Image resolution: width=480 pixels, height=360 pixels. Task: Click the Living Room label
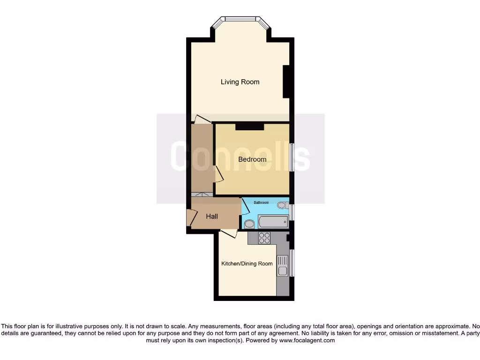[240, 82]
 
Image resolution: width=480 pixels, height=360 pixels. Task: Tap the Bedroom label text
[252, 159]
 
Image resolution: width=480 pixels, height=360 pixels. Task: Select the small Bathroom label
[261, 202]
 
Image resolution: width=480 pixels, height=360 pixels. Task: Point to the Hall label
[212, 217]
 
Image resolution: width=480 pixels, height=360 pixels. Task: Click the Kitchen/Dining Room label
[247, 263]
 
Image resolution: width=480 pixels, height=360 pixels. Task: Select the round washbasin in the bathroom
[249, 224]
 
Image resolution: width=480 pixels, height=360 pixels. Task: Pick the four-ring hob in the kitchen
[264, 238]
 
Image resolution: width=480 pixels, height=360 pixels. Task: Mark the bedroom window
[292, 157]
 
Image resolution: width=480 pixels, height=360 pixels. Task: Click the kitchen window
[292, 262]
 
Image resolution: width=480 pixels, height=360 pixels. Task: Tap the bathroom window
[292, 212]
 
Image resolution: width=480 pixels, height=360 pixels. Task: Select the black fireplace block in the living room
[286, 82]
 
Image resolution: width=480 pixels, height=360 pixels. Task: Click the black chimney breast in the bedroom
[249, 126]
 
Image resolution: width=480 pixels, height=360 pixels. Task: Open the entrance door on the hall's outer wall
[190, 218]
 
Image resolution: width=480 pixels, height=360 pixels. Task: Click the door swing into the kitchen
[229, 233]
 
